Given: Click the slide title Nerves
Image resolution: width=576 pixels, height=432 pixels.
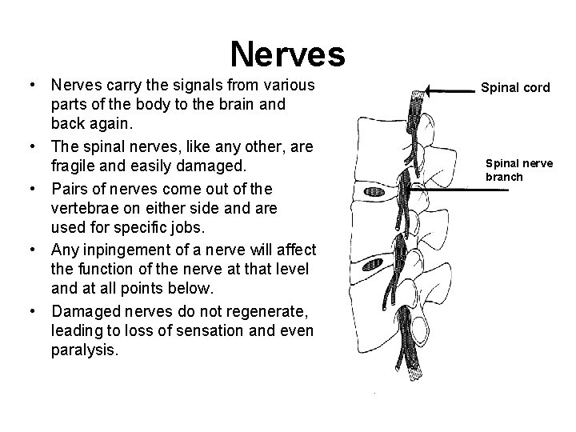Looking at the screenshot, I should [287, 54].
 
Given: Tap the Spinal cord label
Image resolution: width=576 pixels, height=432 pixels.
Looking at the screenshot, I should [515, 87].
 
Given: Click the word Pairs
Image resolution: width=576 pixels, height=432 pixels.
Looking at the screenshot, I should [69, 188].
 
